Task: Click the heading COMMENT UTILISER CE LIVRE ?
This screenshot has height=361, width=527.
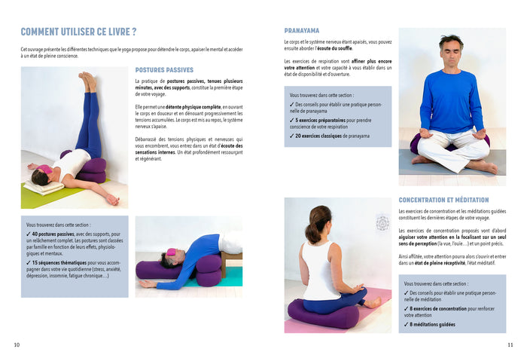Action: tap(78, 32)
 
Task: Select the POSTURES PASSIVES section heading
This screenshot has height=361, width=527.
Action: tap(164, 70)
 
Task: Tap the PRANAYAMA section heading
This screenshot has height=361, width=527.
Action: tap(301, 31)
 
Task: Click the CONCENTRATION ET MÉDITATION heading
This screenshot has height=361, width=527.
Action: tap(443, 200)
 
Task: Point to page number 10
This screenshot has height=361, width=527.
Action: tap(17, 345)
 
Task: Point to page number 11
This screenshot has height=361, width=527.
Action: tap(510, 345)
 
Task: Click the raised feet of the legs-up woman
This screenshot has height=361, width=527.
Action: tap(90, 79)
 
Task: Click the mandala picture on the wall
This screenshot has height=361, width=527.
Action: tap(382, 223)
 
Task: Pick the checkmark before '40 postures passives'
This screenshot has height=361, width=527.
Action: tap(29, 234)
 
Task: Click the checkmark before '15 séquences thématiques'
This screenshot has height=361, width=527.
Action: tap(29, 262)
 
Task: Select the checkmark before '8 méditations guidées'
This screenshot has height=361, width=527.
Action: tap(407, 324)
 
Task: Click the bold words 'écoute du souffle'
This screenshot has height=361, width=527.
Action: tap(335, 48)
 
